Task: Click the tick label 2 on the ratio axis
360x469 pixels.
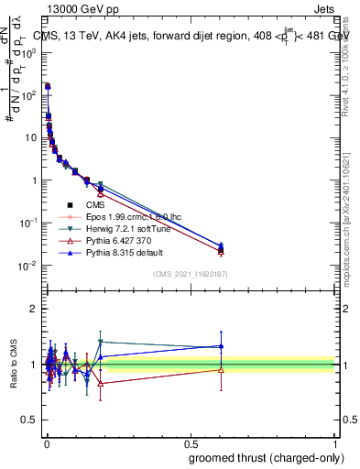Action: point(35,309)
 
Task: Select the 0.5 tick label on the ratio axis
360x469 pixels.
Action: point(31,420)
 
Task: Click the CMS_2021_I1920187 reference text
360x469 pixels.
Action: point(190,274)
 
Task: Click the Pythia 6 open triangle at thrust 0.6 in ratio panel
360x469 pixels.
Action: point(221,369)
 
